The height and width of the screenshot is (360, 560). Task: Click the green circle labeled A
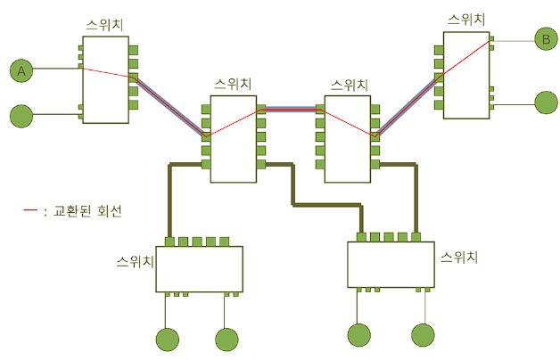coord(21,70)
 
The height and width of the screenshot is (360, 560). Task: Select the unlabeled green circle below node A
coord(21,115)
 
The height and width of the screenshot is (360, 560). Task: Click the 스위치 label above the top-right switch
coord(467,19)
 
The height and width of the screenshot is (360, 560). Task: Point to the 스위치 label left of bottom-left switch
coord(136,263)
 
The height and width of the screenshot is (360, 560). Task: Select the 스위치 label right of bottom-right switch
coord(460,258)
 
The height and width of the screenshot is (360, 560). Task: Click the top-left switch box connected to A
coord(106,79)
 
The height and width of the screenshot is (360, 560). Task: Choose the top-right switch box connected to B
coord(465,75)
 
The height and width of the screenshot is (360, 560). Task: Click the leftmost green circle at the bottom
coord(168,340)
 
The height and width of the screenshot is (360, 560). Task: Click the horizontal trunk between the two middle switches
coord(291,110)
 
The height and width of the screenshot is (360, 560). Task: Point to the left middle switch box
coord(234,138)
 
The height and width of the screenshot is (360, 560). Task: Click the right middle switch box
coord(347,138)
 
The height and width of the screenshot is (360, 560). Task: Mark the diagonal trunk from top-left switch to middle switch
coord(169,107)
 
